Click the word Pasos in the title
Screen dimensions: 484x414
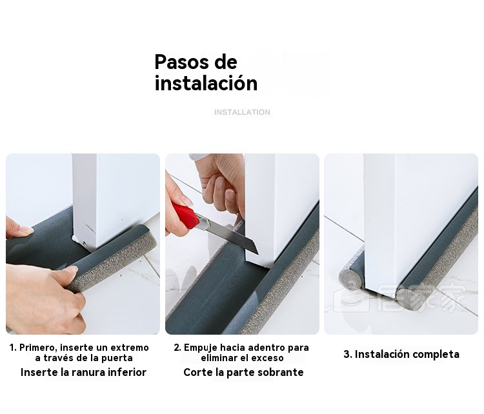(x=182, y=63)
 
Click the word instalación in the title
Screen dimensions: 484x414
(x=206, y=83)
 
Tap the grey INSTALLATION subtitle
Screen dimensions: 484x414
(x=242, y=112)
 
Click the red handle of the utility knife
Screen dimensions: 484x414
(x=185, y=215)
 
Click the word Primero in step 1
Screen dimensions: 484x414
(x=37, y=348)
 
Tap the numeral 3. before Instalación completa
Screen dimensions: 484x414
(x=348, y=354)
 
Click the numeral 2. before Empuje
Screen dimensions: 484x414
(x=177, y=348)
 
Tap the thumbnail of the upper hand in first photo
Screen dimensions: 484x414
(x=26, y=230)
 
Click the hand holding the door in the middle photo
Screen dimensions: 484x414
(x=220, y=184)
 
